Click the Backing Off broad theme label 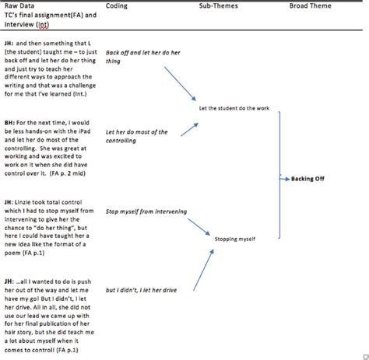(x=308, y=178)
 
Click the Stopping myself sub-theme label (x=234, y=239)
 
